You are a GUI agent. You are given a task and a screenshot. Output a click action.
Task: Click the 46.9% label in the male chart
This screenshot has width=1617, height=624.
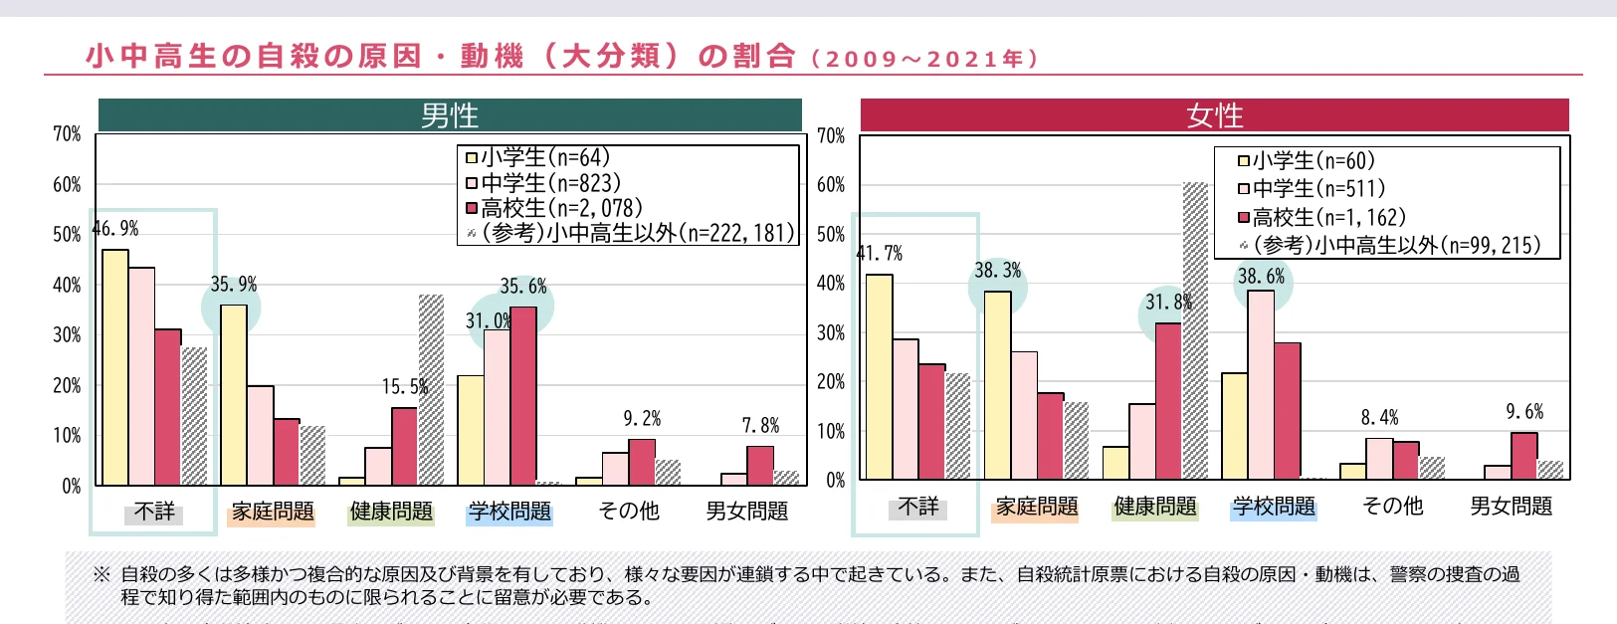coord(115,229)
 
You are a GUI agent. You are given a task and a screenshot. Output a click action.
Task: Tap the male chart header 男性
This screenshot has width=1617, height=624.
coord(450,115)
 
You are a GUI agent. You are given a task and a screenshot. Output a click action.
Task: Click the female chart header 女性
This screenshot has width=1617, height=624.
coord(1214,115)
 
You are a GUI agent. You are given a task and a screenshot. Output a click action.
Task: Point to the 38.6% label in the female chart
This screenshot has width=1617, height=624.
coord(1261,277)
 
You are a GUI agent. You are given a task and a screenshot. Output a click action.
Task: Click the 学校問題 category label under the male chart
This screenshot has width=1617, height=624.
coord(509,512)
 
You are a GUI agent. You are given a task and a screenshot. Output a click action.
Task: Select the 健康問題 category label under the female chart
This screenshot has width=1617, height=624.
coord(1155,507)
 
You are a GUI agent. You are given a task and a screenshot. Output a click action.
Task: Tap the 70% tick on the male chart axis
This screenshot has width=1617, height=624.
coord(67,133)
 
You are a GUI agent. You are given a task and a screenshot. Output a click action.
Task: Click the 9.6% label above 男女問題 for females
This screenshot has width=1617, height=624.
coord(1524,412)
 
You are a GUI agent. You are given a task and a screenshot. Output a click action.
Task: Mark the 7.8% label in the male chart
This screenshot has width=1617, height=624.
coord(760,426)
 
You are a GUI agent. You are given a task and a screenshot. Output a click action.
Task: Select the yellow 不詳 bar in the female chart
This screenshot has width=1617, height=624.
coord(879,377)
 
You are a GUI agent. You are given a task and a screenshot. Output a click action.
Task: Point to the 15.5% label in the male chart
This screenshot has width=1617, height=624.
coord(404,387)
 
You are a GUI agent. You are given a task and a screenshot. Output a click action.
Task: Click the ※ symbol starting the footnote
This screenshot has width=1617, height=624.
coord(101,574)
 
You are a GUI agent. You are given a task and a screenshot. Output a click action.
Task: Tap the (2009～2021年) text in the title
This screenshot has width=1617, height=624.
coord(925,59)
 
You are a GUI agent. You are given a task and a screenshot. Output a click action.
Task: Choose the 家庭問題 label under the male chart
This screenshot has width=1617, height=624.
coord(273,512)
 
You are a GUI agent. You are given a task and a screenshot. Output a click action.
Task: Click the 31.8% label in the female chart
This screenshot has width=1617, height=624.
coord(1167,302)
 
